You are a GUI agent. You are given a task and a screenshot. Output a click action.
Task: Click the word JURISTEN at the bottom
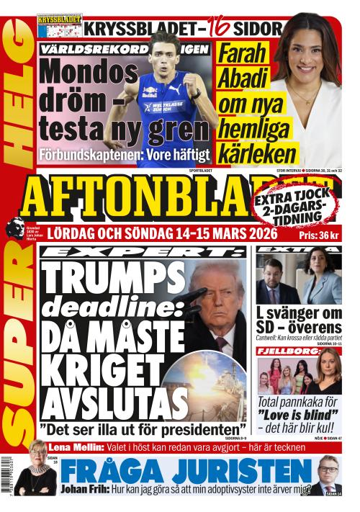pos(232,472)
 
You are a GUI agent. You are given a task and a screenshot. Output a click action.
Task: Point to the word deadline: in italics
pos(104,307)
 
